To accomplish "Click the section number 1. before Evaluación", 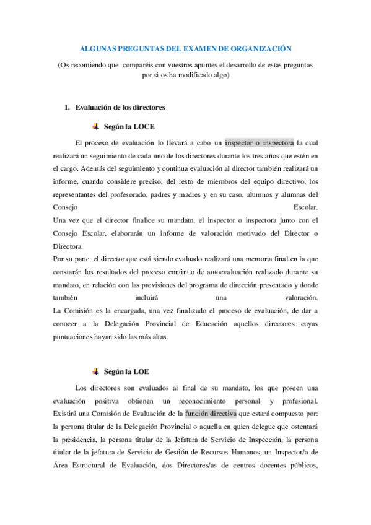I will pyautogui.click(x=68, y=108).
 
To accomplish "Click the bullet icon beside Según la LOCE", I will pyautogui.click(x=95, y=126).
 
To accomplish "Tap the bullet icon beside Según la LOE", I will pyautogui.click(x=95, y=371).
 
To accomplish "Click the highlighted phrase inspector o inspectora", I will pyautogui.click(x=260, y=142).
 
